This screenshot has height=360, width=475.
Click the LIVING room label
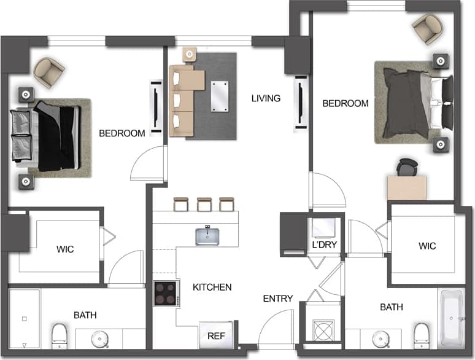[266, 98]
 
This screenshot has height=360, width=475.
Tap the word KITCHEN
[212, 287]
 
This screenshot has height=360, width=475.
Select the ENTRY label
[278, 299]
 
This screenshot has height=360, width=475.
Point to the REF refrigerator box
[215, 335]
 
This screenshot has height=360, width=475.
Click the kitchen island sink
[209, 236]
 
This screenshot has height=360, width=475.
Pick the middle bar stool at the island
[204, 203]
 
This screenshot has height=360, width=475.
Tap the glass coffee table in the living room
[218, 95]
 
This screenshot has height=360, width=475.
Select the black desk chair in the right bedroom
[407, 166]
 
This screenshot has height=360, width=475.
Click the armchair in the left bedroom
[48, 70]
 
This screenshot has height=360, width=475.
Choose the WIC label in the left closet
[65, 249]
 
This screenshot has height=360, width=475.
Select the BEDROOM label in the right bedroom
[346, 104]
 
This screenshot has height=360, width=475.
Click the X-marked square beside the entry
[323, 331]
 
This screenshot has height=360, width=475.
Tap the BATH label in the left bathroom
[85, 315]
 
